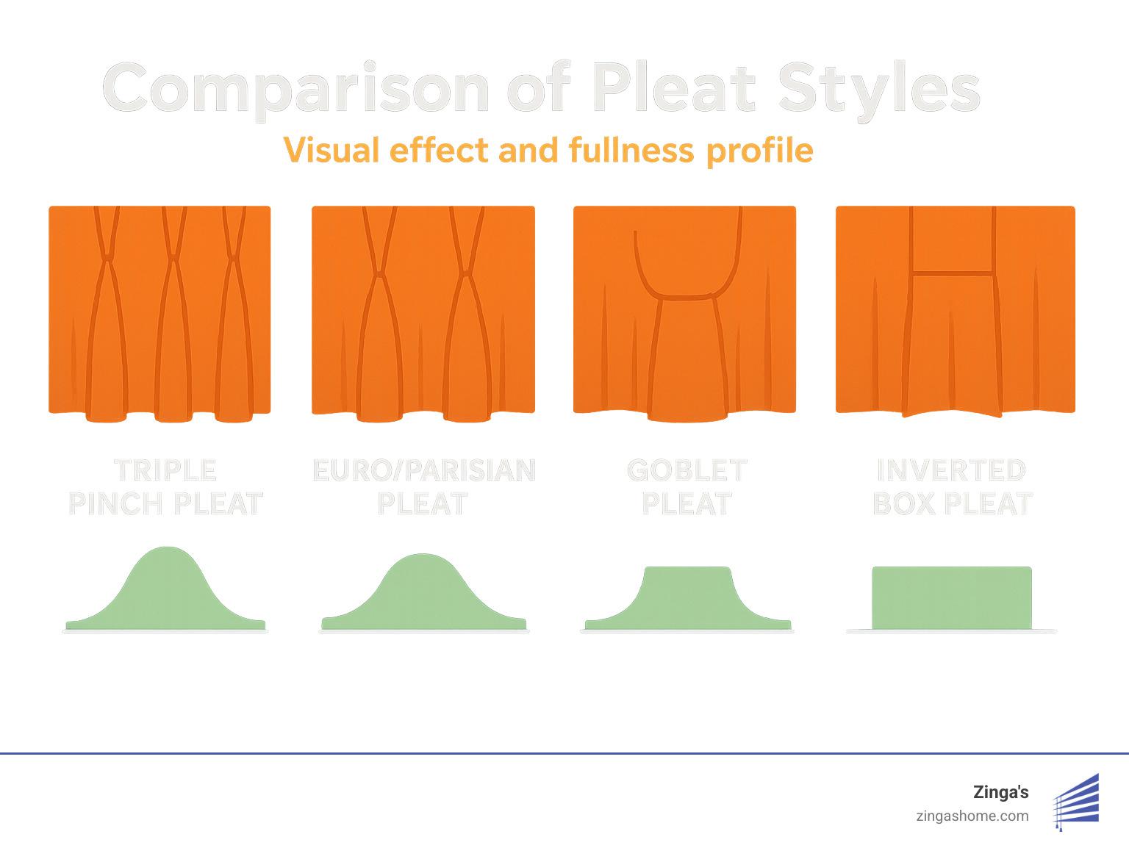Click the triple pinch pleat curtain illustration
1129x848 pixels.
click(160, 312)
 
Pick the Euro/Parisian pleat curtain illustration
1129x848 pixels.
click(423, 312)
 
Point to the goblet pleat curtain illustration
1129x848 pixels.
click(684, 312)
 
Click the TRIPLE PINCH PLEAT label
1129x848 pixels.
click(165, 487)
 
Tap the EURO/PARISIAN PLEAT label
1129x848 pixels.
click(423, 487)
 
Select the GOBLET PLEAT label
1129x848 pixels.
click(687, 487)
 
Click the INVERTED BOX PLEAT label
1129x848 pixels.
click(953, 487)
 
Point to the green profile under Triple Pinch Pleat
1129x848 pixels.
click(166, 595)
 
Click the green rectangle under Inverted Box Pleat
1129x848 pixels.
click(952, 598)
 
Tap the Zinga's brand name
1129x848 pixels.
click(1000, 792)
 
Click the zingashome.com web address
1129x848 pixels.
click(972, 816)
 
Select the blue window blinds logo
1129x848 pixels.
click(1077, 802)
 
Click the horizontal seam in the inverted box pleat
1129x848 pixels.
click(953, 273)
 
